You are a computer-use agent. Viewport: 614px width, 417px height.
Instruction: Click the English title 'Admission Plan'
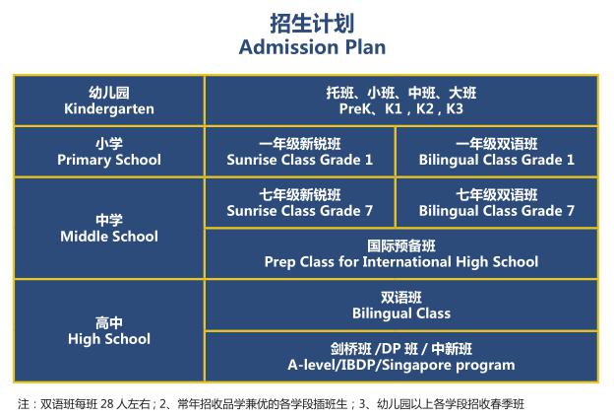click(312, 47)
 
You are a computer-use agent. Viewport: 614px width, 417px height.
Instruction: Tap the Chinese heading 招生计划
click(312, 23)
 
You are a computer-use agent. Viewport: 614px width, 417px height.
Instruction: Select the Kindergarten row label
click(109, 101)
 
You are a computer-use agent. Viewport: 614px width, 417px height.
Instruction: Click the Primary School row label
click(109, 152)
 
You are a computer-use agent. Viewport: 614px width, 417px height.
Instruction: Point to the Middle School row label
click(109, 229)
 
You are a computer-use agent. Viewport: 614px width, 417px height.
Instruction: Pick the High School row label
click(109, 330)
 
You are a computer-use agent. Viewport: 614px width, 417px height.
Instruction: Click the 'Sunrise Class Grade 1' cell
click(299, 152)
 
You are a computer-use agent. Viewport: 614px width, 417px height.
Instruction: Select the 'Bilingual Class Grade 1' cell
click(497, 152)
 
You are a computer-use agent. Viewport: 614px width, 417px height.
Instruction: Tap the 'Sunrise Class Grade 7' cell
click(299, 203)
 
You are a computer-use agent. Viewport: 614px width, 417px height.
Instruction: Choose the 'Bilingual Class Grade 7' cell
click(497, 203)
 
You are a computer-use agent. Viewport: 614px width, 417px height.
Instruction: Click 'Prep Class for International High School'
click(401, 262)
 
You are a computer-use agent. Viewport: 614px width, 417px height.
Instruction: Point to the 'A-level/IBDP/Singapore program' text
click(401, 365)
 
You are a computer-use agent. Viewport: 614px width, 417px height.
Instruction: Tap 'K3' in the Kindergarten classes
click(455, 108)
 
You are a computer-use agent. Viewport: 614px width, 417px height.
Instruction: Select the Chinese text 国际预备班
click(401, 246)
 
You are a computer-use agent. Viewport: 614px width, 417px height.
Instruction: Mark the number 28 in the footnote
click(107, 403)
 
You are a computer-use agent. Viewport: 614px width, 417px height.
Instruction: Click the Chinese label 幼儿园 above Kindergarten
click(109, 93)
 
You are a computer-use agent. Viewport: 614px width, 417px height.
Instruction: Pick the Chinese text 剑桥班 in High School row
click(350, 349)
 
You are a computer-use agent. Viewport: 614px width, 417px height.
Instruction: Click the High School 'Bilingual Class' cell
click(401, 306)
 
